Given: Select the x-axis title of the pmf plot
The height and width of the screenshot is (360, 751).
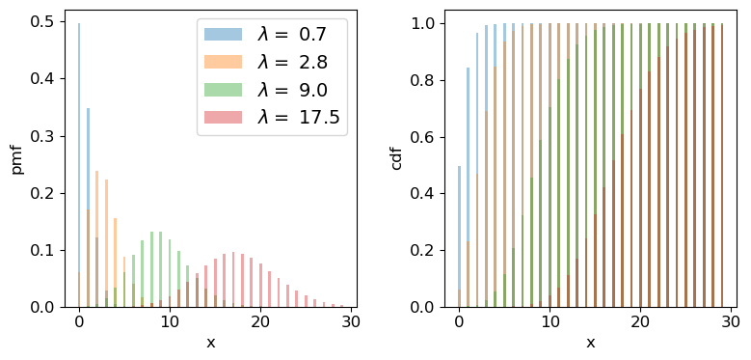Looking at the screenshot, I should tap(210, 342).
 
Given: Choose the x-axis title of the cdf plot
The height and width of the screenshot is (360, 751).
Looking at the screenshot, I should tap(590, 342).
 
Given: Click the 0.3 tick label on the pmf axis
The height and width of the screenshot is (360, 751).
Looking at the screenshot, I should tap(43, 136).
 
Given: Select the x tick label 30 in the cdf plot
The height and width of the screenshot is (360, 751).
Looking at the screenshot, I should tap(733, 323).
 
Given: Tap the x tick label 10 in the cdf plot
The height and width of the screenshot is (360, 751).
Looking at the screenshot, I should tap(550, 323).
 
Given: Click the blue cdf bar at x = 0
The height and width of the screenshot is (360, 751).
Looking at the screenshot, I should tap(459, 236).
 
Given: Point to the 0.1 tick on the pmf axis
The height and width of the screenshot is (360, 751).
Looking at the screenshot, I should tap(43, 250).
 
